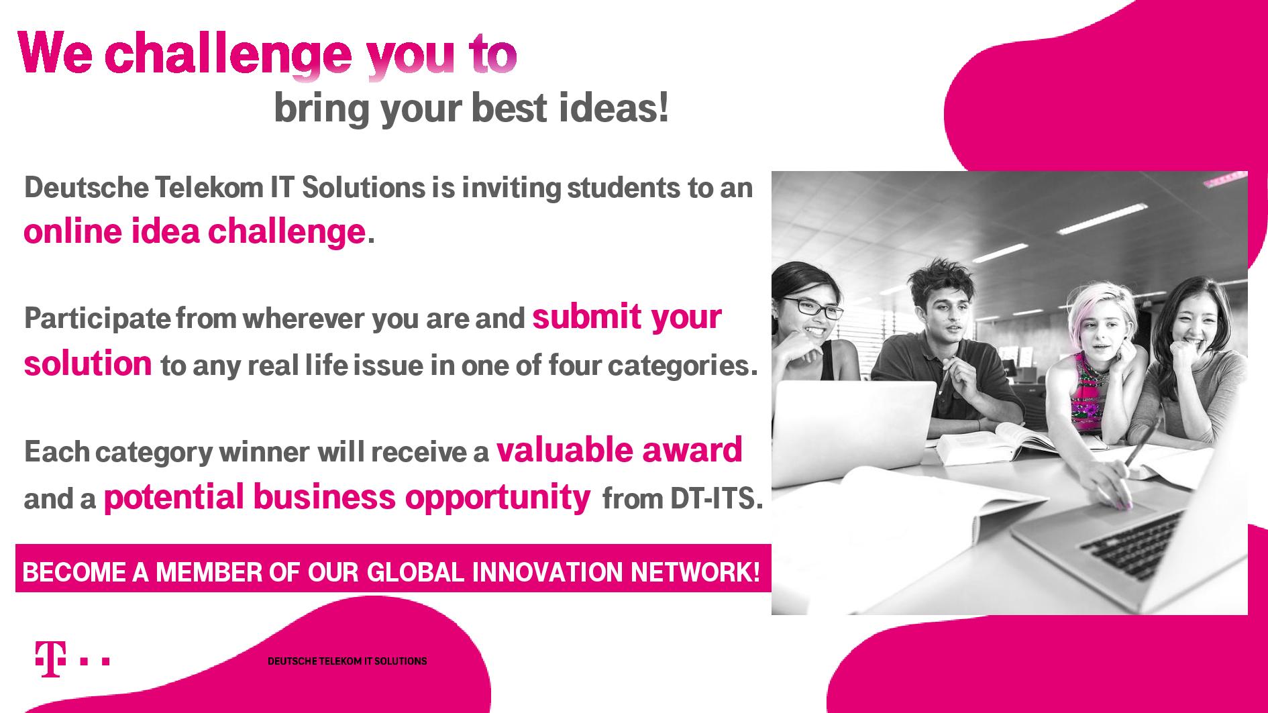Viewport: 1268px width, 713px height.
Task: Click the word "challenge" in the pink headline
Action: [228, 56]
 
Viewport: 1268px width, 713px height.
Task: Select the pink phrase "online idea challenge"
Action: [195, 231]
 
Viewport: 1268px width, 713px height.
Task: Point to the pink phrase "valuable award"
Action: [619, 449]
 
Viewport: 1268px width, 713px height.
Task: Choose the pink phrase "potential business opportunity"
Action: [347, 498]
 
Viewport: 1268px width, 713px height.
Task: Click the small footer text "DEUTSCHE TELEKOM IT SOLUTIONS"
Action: [347, 661]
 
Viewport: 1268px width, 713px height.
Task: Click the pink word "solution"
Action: [88, 364]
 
